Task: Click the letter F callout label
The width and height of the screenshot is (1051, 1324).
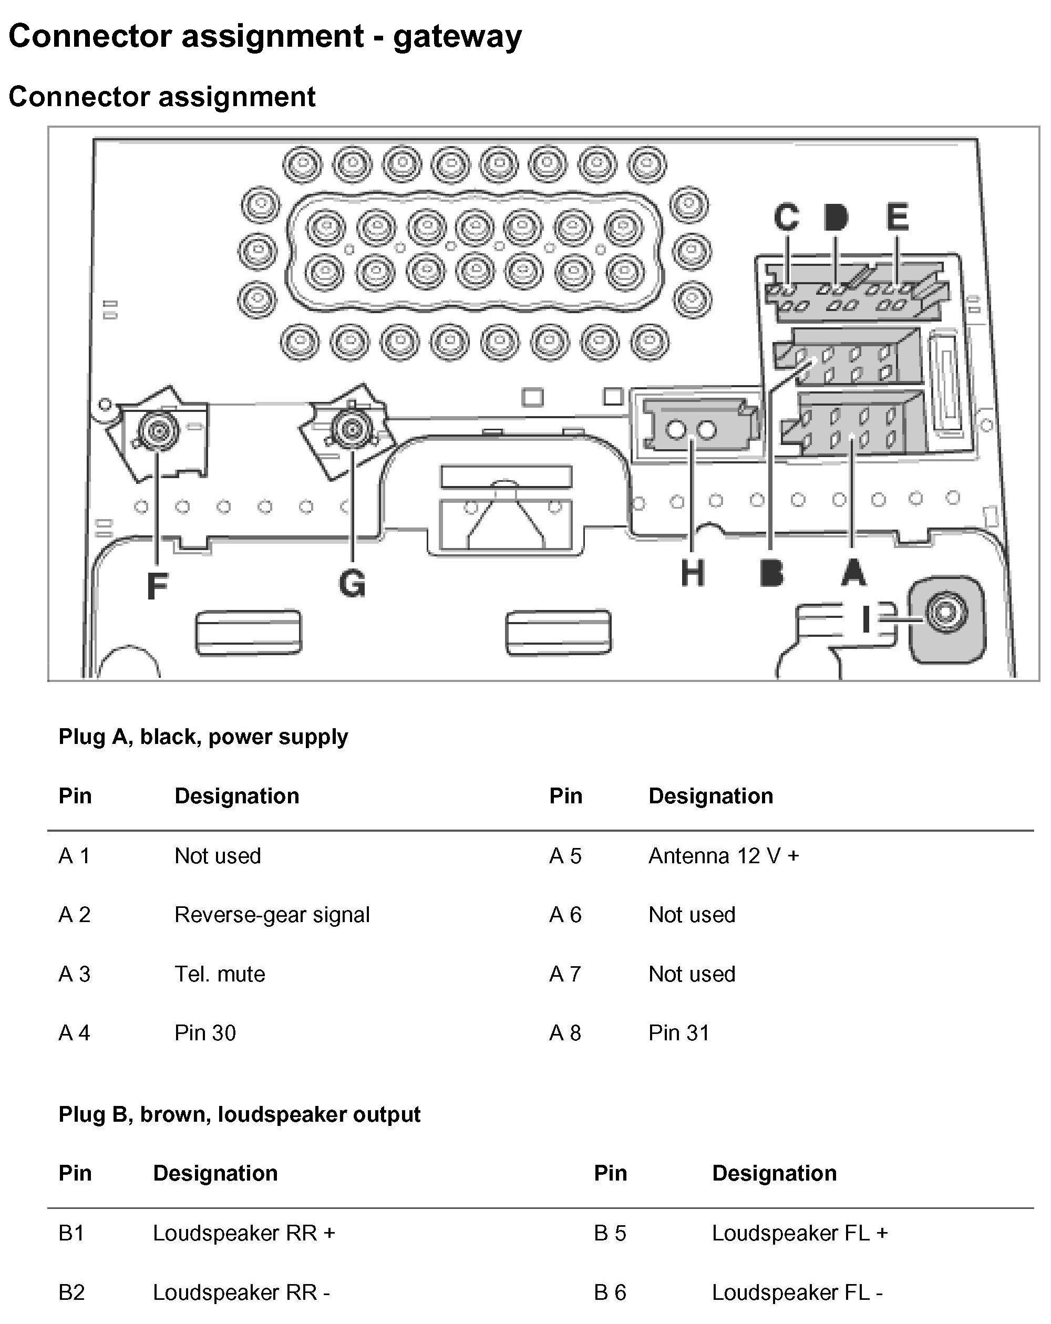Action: (x=157, y=585)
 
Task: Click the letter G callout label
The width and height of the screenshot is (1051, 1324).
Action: (x=352, y=583)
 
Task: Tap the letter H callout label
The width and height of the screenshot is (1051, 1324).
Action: (x=692, y=574)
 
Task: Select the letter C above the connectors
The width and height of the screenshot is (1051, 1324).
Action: (x=786, y=217)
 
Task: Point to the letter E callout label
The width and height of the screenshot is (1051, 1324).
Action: (x=897, y=217)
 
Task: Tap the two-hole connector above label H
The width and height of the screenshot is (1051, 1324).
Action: (x=692, y=429)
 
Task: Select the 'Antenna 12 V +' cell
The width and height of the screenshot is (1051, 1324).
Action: (x=723, y=856)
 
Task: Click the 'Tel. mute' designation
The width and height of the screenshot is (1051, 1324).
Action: (x=219, y=974)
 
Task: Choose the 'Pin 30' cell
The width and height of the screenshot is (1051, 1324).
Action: (x=204, y=1033)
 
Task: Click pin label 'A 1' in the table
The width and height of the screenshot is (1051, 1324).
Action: (x=74, y=856)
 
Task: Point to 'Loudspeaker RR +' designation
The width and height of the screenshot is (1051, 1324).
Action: (x=244, y=1233)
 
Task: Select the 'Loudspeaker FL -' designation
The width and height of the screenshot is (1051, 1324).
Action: (x=797, y=1292)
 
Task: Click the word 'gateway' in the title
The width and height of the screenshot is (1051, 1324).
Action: (x=457, y=36)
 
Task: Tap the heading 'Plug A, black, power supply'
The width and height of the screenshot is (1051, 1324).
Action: (x=203, y=736)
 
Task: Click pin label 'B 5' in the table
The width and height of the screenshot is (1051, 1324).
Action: (x=610, y=1233)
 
